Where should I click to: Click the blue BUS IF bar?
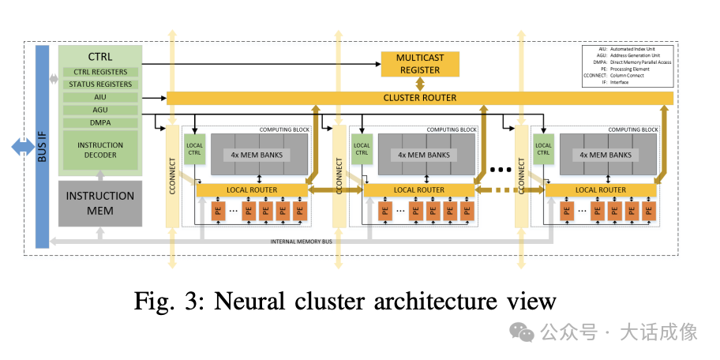tap(42, 147)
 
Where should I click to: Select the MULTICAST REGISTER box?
tap(419, 64)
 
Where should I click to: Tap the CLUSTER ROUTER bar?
tap(419, 98)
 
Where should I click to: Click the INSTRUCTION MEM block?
tap(99, 203)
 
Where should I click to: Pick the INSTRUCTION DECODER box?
tap(100, 150)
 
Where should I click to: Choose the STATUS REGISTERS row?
tap(100, 84)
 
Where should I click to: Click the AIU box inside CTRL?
tap(100, 97)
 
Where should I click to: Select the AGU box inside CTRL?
tap(100, 110)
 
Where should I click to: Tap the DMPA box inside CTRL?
tap(100, 122)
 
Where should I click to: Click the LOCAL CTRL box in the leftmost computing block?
tap(194, 150)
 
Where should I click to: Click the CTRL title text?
tap(100, 57)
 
